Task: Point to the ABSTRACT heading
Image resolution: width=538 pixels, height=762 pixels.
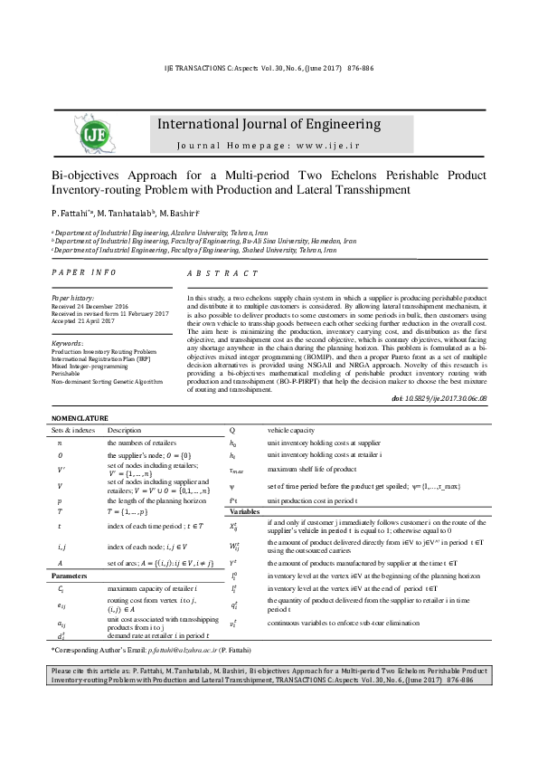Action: click(x=222, y=272)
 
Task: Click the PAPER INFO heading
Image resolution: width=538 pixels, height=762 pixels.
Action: click(x=84, y=271)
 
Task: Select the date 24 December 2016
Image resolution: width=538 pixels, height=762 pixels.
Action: click(x=104, y=306)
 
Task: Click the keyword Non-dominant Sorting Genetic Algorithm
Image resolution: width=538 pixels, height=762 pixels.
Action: click(x=107, y=382)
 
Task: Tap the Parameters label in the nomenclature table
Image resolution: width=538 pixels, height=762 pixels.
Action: click(x=70, y=575)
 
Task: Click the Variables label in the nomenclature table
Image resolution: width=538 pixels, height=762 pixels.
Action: click(x=246, y=511)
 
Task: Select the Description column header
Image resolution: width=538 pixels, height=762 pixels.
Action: click(x=125, y=430)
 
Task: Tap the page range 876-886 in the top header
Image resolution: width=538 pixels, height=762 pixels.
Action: click(x=361, y=68)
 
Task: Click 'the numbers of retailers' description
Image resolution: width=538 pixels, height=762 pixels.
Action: click(x=144, y=443)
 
